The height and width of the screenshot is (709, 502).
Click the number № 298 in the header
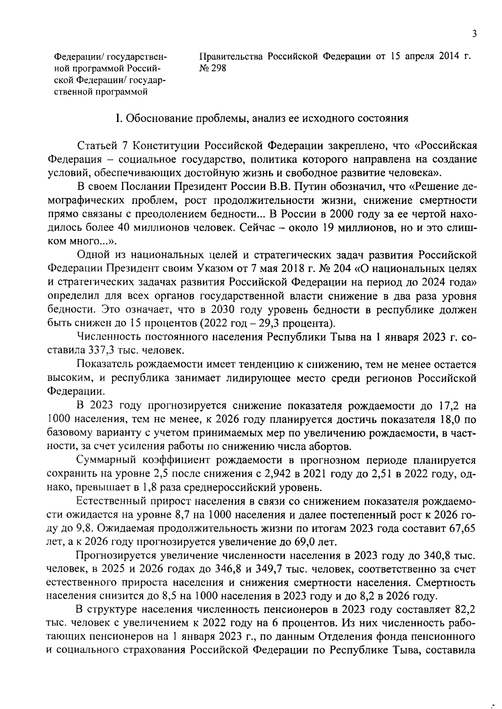click(x=213, y=68)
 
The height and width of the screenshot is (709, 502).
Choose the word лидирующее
click(x=258, y=378)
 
